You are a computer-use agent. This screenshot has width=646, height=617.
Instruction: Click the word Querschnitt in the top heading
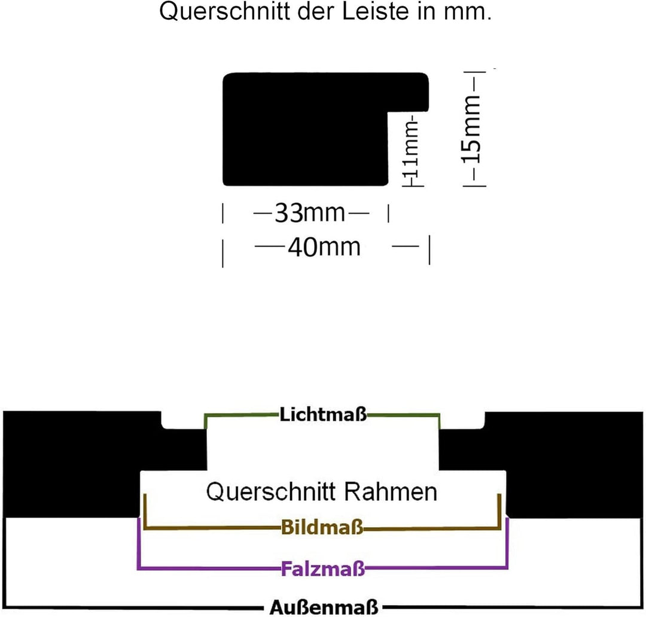pos(224,11)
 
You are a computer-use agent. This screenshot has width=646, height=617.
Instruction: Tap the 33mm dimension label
pos(310,212)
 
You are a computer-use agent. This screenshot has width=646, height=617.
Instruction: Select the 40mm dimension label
pos(324,247)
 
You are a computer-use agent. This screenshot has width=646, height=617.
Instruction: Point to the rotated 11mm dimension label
pos(412,148)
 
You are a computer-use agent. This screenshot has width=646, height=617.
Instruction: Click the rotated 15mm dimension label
pos(471,129)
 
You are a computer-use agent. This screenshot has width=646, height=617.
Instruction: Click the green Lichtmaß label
pos(323,414)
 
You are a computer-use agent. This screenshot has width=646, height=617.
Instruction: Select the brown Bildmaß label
pos(322,527)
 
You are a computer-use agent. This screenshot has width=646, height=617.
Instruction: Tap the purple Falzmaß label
pos(322,569)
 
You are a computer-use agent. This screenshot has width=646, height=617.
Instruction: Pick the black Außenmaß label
pos(324,607)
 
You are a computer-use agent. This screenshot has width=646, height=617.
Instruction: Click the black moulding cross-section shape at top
pos(306,129)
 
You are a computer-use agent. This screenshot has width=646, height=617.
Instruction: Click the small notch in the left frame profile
pos(183,420)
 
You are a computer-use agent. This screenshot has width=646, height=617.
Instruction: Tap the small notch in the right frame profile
pos(462,420)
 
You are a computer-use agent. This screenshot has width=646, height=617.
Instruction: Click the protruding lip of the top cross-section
pos(409,92)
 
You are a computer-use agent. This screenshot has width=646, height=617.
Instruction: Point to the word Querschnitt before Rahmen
pos(271,492)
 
